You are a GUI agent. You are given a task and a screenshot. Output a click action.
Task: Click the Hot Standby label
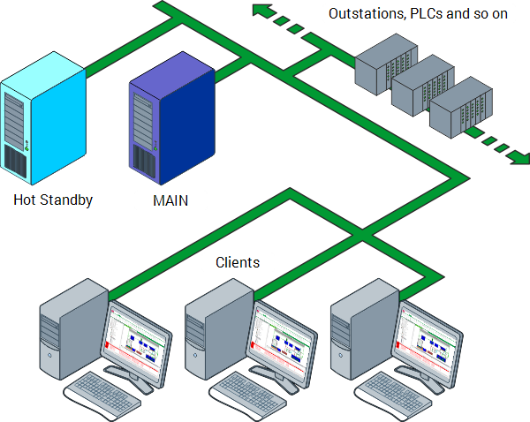coord(53,200)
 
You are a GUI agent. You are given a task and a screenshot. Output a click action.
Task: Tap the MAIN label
coord(170,200)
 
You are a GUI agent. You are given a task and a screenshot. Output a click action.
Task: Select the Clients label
coord(238,262)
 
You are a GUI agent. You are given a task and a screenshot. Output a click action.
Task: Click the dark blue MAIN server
coord(172,122)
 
